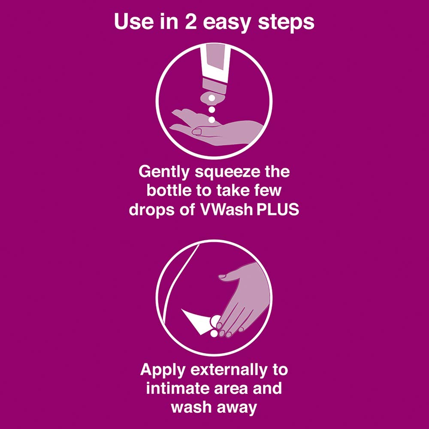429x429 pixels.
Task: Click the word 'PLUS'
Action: pos(279,210)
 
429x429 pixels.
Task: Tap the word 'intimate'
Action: pos(179,388)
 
